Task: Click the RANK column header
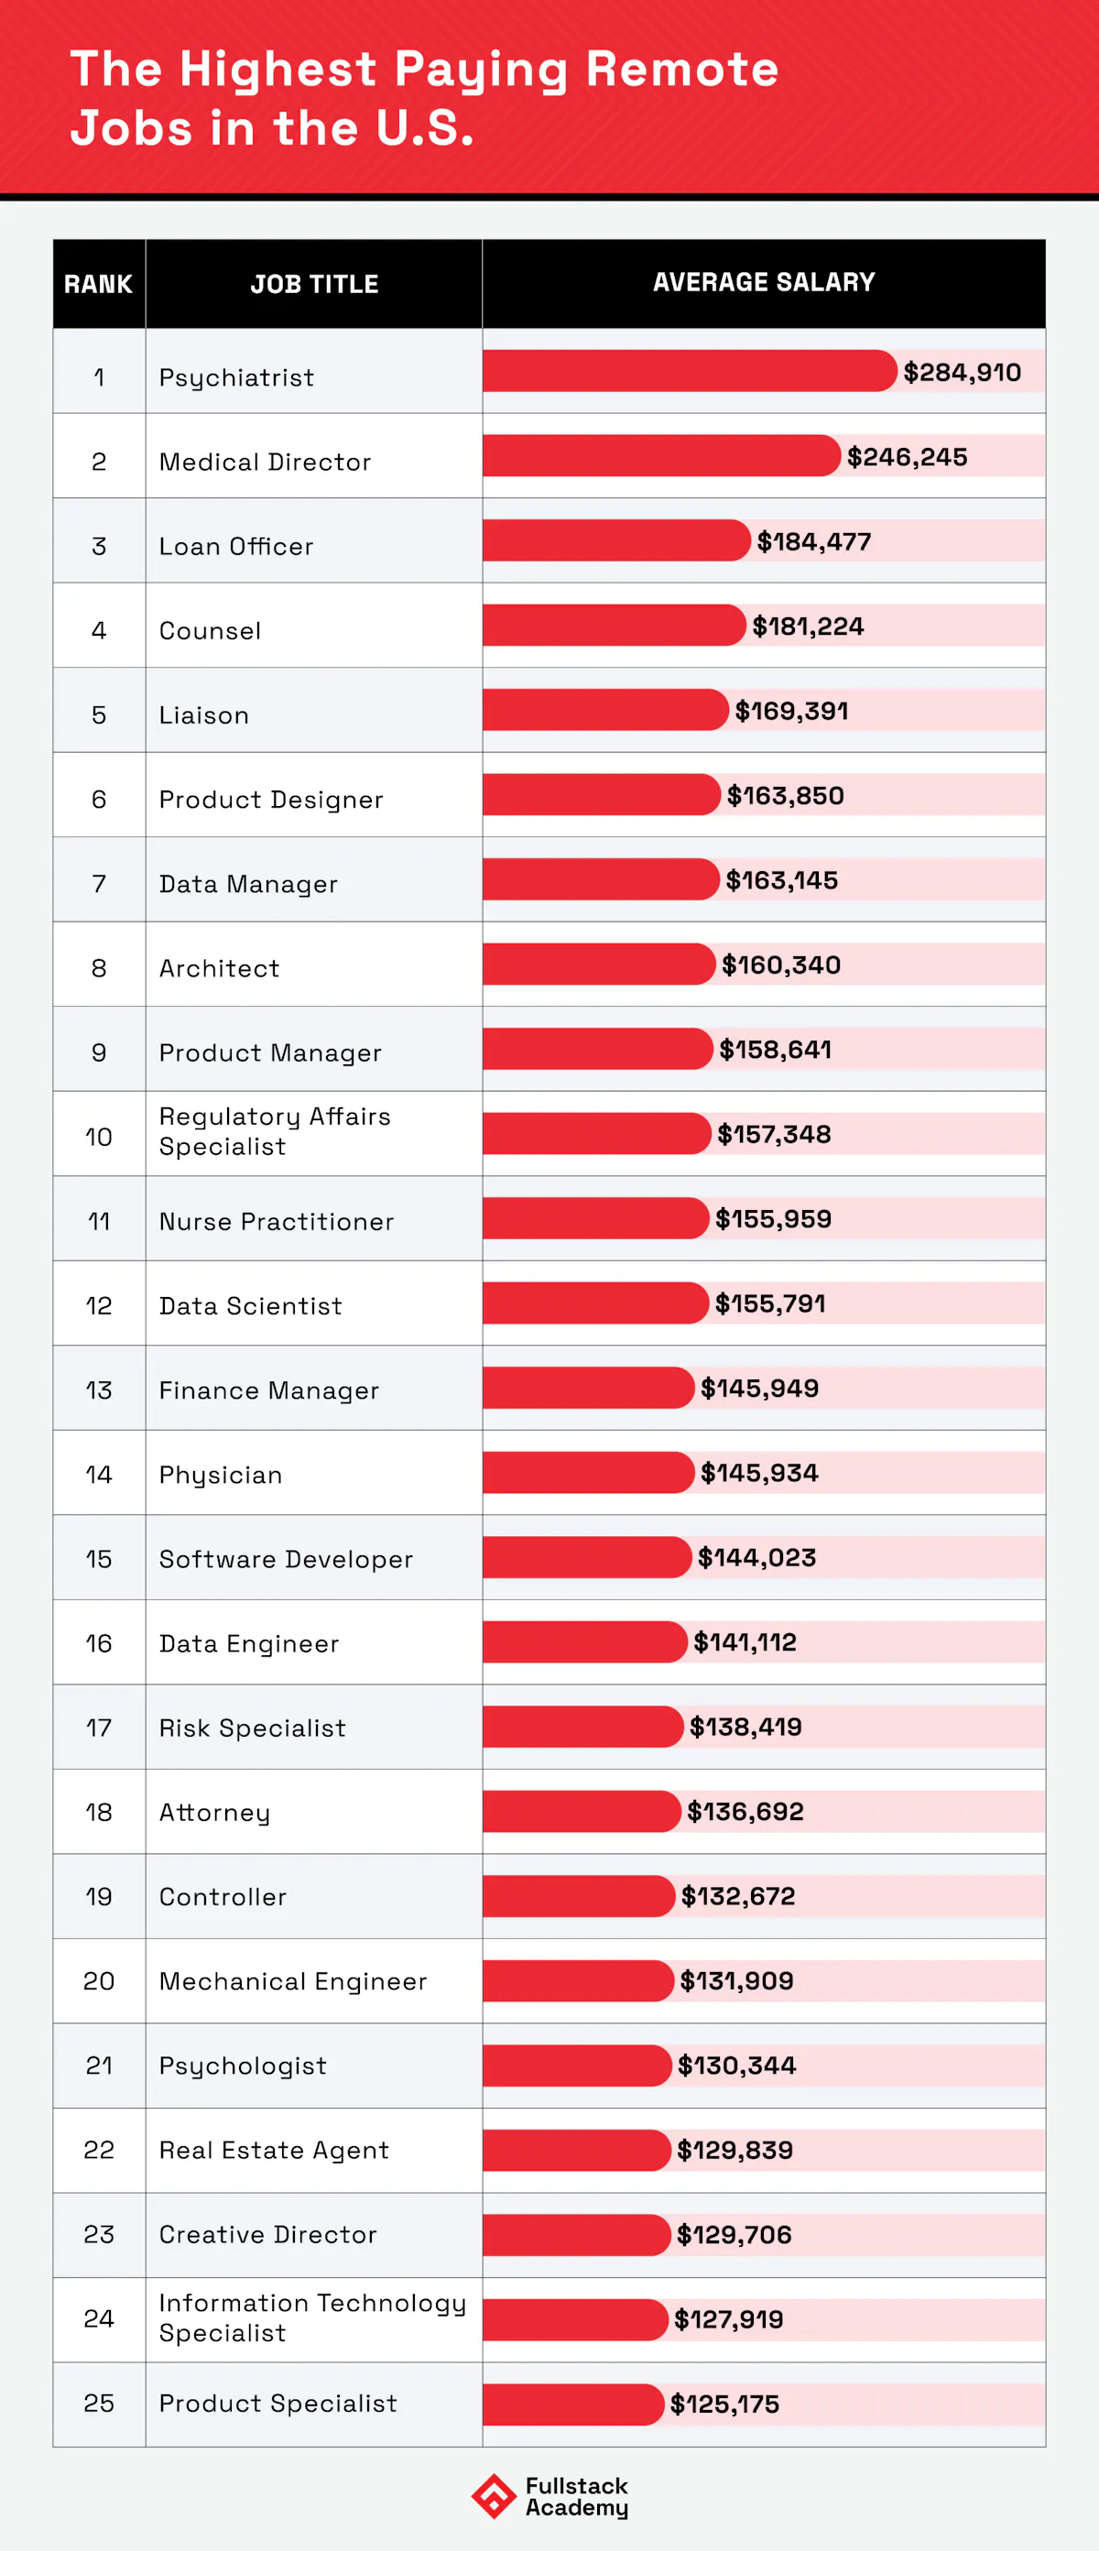pos(98,284)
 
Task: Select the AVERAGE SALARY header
pos(764,282)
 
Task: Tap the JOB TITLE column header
pos(314,284)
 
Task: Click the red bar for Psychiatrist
pos(688,371)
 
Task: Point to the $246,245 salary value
pos(907,456)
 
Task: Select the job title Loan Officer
pos(235,547)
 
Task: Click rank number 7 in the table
pos(99,883)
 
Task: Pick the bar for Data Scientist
pos(595,1303)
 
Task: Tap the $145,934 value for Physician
pos(759,1473)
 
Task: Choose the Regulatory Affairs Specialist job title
pos(274,1131)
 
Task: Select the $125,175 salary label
pos(724,2404)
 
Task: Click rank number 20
pos(99,1980)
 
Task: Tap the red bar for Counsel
pos(613,625)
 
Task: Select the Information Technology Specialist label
pos(312,2317)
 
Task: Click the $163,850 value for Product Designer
pos(785,795)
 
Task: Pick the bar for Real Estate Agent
pos(576,2150)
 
